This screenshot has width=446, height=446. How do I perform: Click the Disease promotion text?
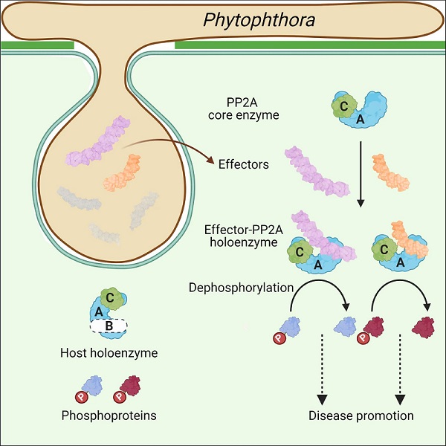(361, 415)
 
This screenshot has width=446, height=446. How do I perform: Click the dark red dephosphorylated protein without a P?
(424, 326)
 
